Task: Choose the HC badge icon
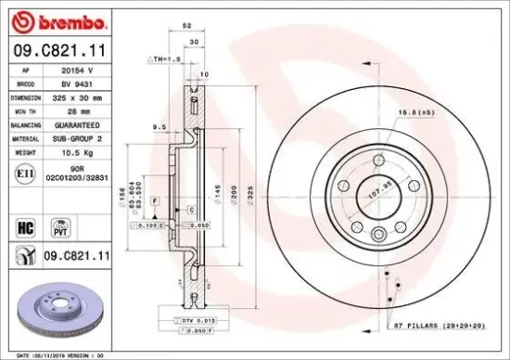click(26, 225)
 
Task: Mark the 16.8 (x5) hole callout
click(436, 112)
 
